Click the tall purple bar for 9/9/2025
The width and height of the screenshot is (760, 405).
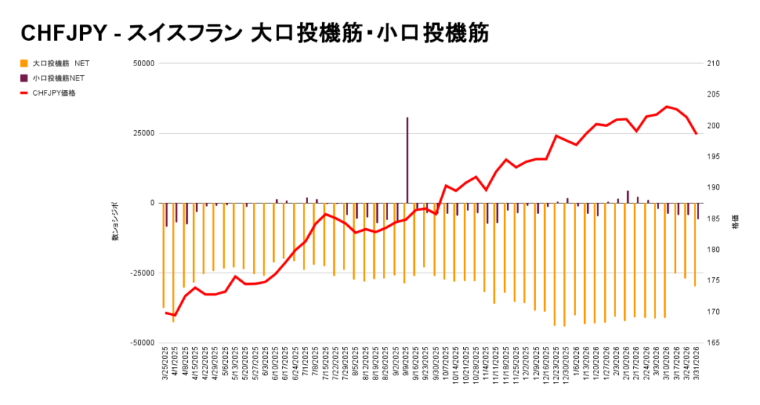(407, 160)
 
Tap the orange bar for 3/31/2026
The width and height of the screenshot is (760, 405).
(695, 244)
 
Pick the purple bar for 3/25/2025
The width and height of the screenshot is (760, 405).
(166, 215)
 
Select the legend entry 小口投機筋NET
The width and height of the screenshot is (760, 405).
(59, 78)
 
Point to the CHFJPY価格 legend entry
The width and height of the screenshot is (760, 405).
(53, 93)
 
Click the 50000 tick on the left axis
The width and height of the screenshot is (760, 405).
(142, 63)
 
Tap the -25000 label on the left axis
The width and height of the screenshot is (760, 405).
(141, 273)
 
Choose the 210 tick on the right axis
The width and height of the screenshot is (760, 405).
(714, 63)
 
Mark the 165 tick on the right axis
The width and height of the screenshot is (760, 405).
(714, 343)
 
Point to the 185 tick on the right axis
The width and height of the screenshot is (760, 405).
(714, 218)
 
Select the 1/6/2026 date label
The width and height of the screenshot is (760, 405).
(576, 360)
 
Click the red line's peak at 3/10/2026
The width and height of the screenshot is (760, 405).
(666, 107)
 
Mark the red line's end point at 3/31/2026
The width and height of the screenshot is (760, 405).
(696, 134)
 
